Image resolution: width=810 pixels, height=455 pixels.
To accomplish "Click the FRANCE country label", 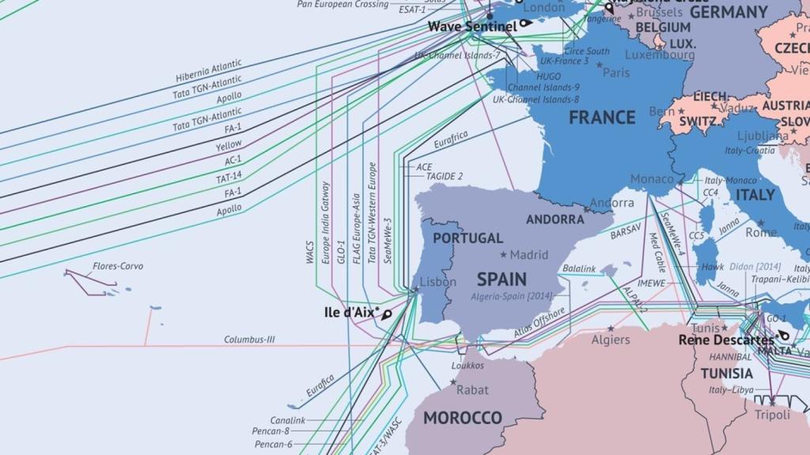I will coord(602,118).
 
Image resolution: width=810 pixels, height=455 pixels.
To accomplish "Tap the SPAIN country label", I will coord(502,279).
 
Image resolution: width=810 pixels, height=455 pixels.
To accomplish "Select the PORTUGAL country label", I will coord(467,238).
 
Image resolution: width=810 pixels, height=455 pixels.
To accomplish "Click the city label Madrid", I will coord(528,255).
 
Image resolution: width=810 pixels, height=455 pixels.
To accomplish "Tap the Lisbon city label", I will coord(437,282).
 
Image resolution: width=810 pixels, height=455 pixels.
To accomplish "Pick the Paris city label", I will coord(616,72).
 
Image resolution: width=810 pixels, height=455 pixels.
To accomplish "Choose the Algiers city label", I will coord(611,340).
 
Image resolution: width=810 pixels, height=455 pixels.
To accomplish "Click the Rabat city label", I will coord(472,389).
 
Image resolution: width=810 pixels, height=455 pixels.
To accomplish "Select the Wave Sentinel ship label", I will coord(472,26).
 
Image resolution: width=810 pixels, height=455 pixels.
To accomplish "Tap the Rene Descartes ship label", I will coord(725,340).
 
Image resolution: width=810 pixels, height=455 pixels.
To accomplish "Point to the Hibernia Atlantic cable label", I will coord(209,71).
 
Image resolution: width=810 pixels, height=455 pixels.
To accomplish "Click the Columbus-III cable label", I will coord(249,340).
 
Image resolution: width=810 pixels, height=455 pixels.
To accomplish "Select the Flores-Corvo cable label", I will coord(118,266).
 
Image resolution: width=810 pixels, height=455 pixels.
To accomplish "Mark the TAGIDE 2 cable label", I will coord(445,176).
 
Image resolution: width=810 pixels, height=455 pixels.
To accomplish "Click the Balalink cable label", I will coord(579,269).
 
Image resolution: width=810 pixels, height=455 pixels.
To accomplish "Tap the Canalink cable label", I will coord(288,420).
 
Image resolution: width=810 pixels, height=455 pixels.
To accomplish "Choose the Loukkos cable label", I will coord(467,365).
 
